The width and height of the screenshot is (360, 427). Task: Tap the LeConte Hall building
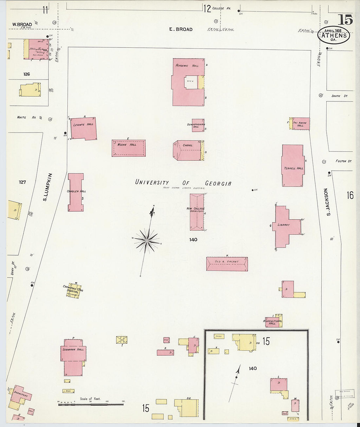click(83, 129)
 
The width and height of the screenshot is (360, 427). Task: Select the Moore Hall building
click(129, 148)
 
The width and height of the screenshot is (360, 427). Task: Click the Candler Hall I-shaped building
click(76, 192)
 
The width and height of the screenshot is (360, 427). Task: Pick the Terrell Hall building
click(293, 166)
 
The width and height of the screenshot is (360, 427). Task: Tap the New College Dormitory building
click(197, 212)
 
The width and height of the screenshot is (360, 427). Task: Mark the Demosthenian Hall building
click(198, 125)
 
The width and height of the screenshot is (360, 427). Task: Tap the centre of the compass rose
click(147, 241)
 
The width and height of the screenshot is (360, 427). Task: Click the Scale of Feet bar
click(91, 405)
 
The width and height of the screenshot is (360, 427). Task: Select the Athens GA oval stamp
click(333, 35)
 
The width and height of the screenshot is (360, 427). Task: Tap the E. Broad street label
click(181, 29)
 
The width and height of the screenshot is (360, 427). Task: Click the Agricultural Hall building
click(273, 322)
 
